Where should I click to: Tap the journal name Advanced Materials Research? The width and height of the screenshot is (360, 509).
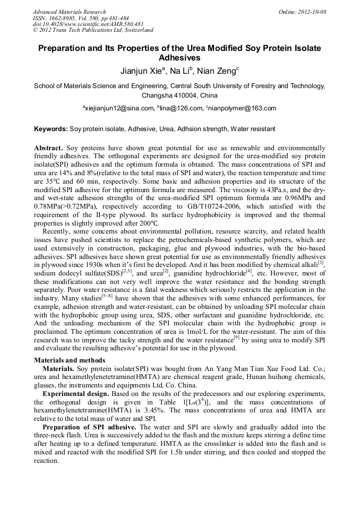coord(69,12)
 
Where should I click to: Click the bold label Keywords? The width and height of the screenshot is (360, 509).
coord(51,129)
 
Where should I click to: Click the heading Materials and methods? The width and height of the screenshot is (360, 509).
coord(70,360)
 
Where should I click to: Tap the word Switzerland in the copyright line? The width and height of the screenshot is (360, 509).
coord(135,30)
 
